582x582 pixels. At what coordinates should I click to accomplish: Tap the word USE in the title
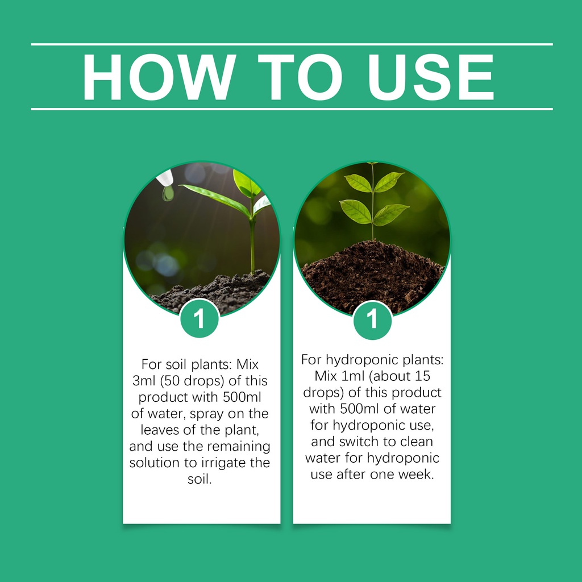(x=431, y=77)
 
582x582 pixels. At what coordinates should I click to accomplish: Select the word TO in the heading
(x=300, y=77)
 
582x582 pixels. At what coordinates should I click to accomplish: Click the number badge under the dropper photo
(x=199, y=318)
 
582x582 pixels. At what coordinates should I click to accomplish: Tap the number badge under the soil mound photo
(x=372, y=319)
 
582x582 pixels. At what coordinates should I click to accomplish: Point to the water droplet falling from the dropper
(x=168, y=193)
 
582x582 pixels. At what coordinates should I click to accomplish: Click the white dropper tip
(x=165, y=178)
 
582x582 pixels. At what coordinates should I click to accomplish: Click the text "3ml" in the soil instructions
(x=143, y=381)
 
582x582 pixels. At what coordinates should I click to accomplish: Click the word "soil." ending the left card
(x=199, y=479)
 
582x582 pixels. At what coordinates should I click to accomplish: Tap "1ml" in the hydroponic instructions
(x=352, y=376)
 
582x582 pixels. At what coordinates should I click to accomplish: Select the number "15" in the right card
(x=422, y=376)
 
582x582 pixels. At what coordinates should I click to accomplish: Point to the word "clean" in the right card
(x=417, y=441)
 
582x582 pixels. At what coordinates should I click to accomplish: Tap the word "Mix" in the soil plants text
(x=247, y=364)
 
